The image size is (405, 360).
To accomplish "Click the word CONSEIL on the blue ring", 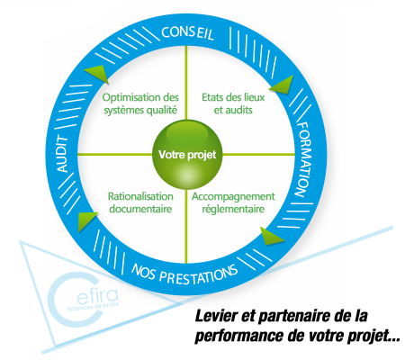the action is [187, 32].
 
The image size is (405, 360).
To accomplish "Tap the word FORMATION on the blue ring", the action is [304, 159].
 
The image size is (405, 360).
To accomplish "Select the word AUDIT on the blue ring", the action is [63, 154].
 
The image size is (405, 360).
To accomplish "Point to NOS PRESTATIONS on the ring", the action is [184, 274].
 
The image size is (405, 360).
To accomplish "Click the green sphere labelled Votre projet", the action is [187, 155].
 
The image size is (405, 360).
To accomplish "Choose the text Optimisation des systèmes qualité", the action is [140, 103].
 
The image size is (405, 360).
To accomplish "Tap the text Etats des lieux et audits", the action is [233, 103].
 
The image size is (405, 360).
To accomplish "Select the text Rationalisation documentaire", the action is [140, 202].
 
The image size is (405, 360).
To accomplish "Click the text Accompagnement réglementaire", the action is [233, 202].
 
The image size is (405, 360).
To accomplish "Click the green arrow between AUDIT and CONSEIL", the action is [97, 74].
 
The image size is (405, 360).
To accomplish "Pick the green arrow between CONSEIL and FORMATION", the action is [282, 85].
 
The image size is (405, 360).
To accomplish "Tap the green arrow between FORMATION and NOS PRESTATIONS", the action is [271, 236].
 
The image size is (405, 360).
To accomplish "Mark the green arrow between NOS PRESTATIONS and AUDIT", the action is [86, 220].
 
